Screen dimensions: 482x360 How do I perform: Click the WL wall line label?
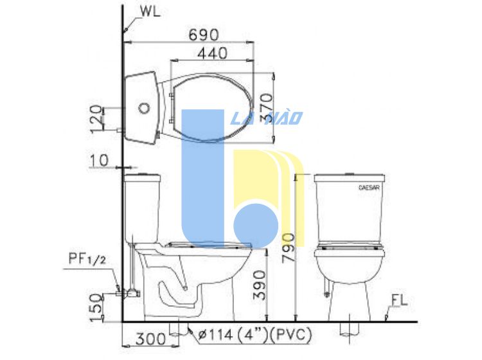[x=150, y=12]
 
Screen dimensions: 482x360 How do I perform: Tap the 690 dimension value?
[x=204, y=35]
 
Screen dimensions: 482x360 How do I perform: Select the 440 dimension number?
[x=213, y=53]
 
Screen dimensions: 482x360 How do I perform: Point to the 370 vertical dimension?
[x=266, y=108]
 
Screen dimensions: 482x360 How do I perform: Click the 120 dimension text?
[x=96, y=119]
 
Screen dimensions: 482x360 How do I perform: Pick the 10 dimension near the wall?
[x=99, y=160]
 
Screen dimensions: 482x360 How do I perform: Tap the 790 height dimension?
[x=289, y=248]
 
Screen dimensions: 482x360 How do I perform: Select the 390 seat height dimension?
[x=259, y=285]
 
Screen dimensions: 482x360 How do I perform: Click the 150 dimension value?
[x=96, y=308]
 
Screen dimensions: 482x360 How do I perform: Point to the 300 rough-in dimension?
[x=150, y=339]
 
